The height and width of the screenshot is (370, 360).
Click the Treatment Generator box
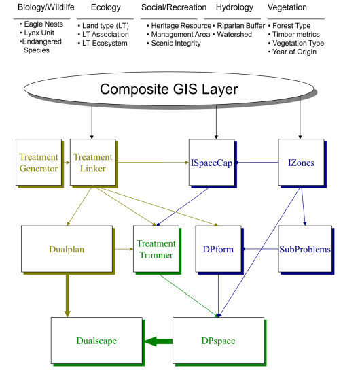(x=39, y=163)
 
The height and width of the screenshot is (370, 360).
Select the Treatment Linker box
(x=93, y=163)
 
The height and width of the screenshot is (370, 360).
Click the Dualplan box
(x=67, y=249)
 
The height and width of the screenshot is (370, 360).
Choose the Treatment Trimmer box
(x=156, y=249)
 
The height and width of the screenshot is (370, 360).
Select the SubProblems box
(x=305, y=249)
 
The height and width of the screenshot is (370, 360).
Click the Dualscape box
(x=96, y=341)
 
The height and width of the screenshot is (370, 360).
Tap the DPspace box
(x=219, y=341)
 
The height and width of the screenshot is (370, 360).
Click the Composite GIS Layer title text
(x=168, y=89)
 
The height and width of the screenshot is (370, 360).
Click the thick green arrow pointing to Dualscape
(x=158, y=341)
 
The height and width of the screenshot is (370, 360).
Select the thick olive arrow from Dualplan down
(x=67, y=295)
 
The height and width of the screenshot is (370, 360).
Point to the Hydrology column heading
(x=234, y=7)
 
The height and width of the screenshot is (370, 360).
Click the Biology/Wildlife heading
(x=46, y=7)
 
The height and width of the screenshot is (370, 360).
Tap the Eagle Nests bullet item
(x=41, y=24)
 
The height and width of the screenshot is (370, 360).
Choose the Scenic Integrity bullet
(x=174, y=43)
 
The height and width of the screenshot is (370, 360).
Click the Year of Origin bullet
(x=292, y=52)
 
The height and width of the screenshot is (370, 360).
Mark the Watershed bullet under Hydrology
(x=232, y=35)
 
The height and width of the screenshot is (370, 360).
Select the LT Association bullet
(x=103, y=35)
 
